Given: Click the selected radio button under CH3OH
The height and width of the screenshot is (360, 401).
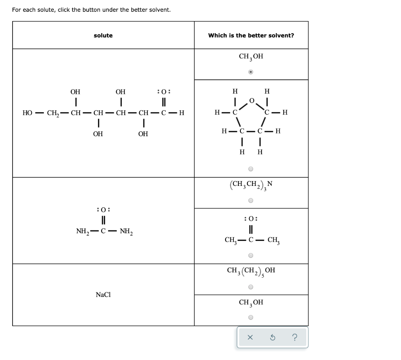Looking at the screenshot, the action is [x=251, y=72].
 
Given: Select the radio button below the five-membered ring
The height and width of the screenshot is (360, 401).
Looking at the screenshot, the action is [x=251, y=169].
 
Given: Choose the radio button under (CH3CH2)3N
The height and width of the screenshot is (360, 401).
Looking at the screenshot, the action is [x=251, y=201].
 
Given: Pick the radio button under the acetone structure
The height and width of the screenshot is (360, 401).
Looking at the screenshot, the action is [x=251, y=256].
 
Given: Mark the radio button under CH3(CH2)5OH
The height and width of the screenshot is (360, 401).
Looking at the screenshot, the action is [x=251, y=287].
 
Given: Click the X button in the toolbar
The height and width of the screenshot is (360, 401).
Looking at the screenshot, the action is [x=251, y=337].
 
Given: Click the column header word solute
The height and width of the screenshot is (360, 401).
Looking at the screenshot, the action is [x=103, y=36].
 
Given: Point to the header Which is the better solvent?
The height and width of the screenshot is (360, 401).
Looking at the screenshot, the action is [x=251, y=36].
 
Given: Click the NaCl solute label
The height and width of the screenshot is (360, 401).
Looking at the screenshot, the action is [x=103, y=295].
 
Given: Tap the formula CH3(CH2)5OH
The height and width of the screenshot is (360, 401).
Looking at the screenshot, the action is [x=251, y=271].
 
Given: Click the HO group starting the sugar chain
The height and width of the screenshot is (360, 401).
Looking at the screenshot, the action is [x=27, y=113].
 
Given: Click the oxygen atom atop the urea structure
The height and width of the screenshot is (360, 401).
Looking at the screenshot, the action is [x=103, y=209].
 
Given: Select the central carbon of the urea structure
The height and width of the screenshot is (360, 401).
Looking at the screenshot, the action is [x=103, y=232].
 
